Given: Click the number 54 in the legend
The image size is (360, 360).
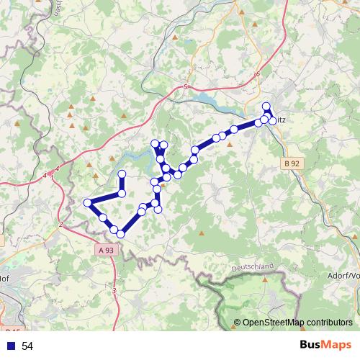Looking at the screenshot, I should (x=27, y=346).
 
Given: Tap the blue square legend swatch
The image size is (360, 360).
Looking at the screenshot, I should (x=11, y=346).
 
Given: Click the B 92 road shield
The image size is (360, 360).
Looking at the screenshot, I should (x=292, y=164).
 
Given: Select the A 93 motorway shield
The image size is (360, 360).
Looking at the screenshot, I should (x=105, y=250).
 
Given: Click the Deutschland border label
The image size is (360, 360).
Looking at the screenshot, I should (x=253, y=266).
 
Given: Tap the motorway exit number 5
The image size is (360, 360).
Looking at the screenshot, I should (x=185, y=87).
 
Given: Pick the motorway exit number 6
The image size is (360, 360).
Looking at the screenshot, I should (x=257, y=73).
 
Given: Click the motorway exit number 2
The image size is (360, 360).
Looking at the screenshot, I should (x=61, y=225).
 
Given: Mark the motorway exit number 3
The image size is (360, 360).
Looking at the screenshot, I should (x=114, y=289).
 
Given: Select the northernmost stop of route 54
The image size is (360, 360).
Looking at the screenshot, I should (x=267, y=107).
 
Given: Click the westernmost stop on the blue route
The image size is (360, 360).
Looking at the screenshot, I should (x=88, y=203).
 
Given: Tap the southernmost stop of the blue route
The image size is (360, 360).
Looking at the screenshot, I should (x=121, y=233).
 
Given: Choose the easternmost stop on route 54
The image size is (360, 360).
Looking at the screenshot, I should (x=272, y=120).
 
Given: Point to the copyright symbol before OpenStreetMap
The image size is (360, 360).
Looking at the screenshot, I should (x=238, y=323).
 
